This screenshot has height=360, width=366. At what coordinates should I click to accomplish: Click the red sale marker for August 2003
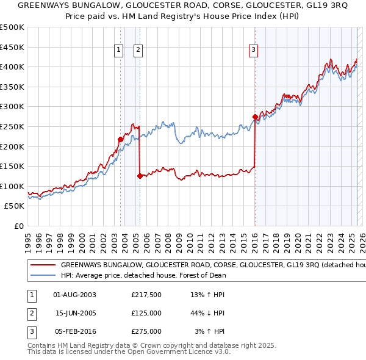(120, 139)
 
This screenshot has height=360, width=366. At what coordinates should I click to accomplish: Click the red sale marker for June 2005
(140, 176)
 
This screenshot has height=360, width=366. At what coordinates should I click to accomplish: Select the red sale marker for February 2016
(254, 117)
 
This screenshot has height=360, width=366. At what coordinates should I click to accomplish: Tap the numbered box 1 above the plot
(118, 51)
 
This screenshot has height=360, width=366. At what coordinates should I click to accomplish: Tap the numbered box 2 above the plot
(138, 51)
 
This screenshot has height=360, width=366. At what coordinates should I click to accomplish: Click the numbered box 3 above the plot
(253, 51)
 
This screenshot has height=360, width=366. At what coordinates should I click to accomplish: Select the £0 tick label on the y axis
(20, 226)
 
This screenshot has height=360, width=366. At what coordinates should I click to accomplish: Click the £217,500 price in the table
(146, 295)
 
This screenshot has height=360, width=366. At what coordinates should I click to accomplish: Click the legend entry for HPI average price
(143, 275)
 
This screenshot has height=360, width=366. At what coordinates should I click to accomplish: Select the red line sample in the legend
(43, 265)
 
